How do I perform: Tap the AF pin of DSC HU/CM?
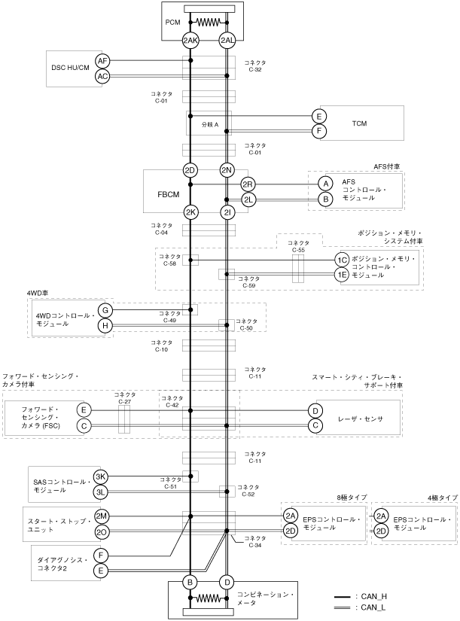102,61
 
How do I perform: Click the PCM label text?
172,22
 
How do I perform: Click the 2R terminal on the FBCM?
248,185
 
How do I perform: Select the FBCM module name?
168,194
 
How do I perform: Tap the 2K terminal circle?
190,212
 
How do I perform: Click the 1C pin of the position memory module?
342,260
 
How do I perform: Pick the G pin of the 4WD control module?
105,310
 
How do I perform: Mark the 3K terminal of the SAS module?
101,477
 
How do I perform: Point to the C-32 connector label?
255,66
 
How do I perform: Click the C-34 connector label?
255,542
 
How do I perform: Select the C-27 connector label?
124,397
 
